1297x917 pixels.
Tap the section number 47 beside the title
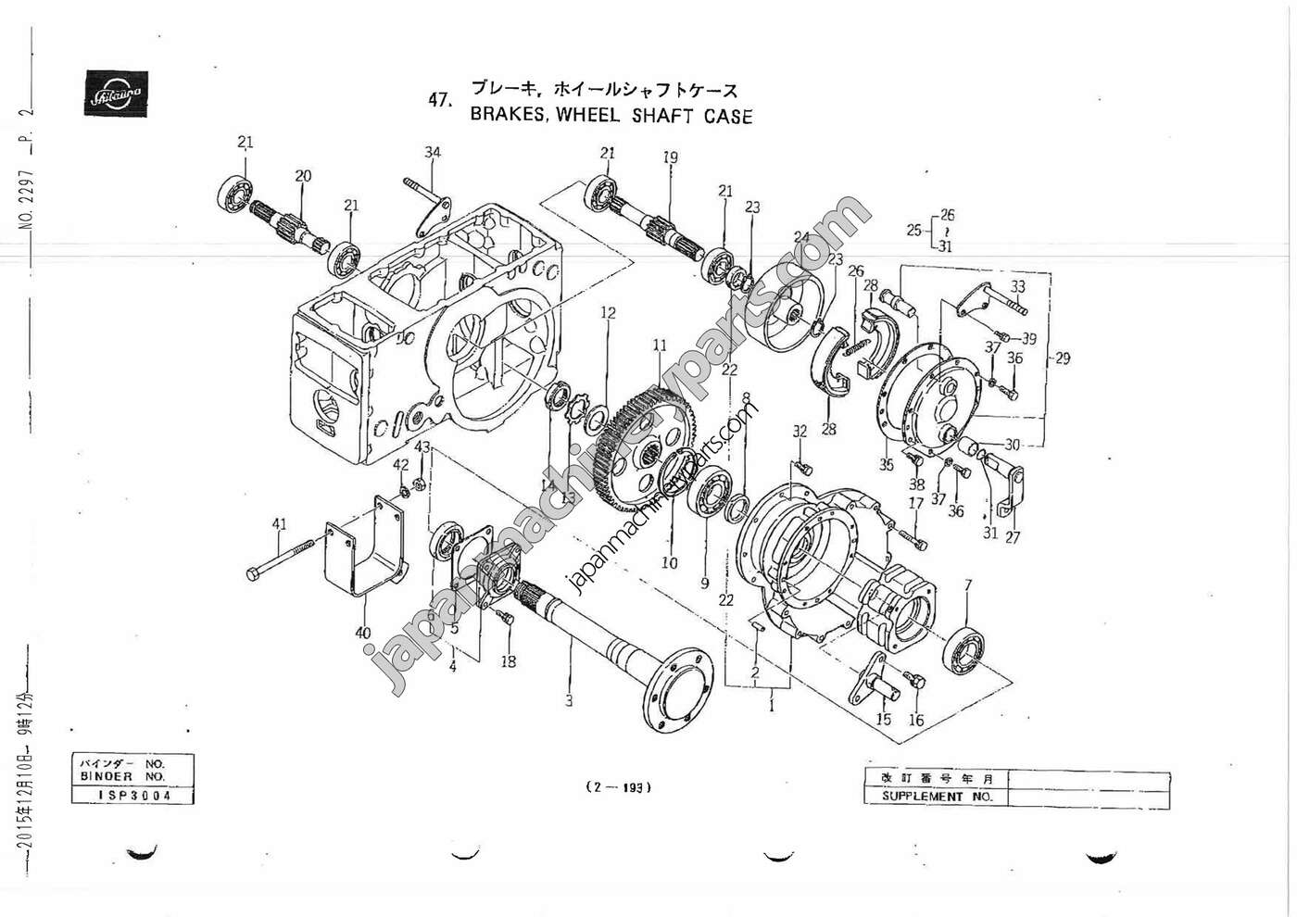[x=439, y=101]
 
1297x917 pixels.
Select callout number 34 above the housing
[x=433, y=153]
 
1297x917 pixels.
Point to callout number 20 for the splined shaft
[x=303, y=176]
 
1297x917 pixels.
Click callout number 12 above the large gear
[x=608, y=313]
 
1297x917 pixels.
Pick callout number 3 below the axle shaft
[x=569, y=701]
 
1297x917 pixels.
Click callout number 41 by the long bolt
[x=279, y=525]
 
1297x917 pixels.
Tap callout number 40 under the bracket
[x=363, y=633]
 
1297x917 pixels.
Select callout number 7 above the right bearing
[x=968, y=585]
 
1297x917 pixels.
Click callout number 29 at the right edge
[x=1062, y=358]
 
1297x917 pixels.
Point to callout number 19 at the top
[x=670, y=157]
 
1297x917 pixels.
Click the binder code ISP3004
[x=135, y=796]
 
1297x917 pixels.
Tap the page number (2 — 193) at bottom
[x=619, y=788]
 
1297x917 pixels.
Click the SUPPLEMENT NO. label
[x=937, y=797]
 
